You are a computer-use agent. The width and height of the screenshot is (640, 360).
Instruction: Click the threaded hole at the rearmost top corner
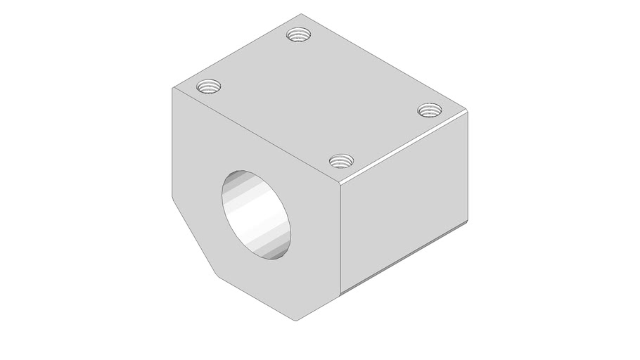pyautogui.click(x=299, y=34)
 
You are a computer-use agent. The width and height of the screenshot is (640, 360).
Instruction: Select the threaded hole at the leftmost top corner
pyautogui.click(x=208, y=87)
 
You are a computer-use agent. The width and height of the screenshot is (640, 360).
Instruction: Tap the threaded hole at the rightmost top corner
pyautogui.click(x=429, y=110)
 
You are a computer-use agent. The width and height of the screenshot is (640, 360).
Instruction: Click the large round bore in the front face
pyautogui.click(x=257, y=216)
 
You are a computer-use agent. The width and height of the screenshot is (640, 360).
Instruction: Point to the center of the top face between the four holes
pyautogui.click(x=318, y=98)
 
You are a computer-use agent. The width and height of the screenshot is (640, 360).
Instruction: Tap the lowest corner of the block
pyautogui.click(x=296, y=321)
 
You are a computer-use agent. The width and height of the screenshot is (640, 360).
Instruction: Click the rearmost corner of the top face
pyautogui.click(x=300, y=13)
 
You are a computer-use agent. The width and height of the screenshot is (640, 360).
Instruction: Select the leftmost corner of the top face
pyautogui.click(x=173, y=88)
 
